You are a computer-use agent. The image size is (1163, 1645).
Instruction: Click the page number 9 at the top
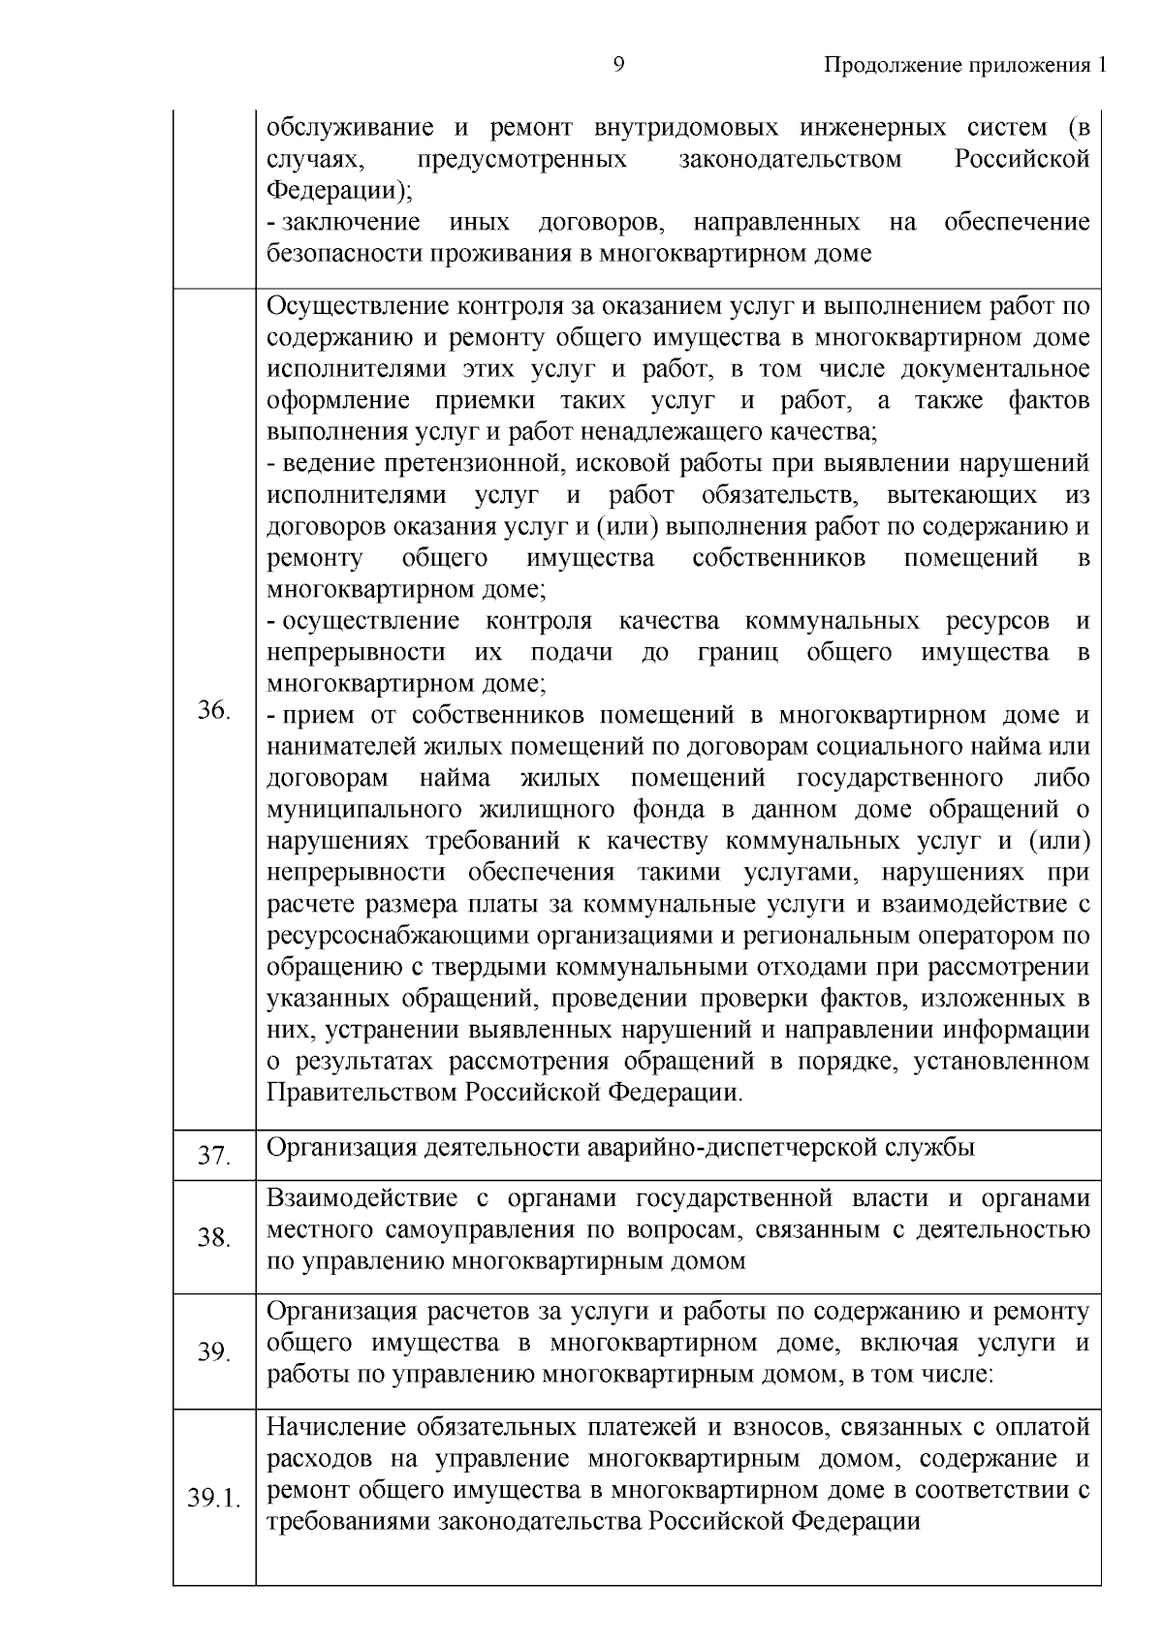click(x=619, y=65)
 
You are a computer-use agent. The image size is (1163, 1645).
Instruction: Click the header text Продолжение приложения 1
click(x=963, y=65)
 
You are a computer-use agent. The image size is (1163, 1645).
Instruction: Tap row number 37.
click(x=213, y=1156)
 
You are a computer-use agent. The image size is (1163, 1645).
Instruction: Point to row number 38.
click(x=213, y=1237)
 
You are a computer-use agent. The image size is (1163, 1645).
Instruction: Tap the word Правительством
click(x=362, y=1093)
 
